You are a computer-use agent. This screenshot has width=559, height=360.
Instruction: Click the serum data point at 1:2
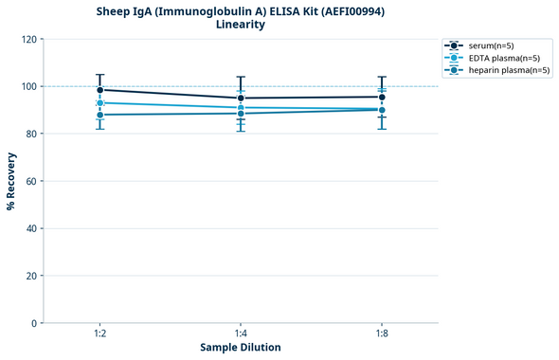[x=99, y=90]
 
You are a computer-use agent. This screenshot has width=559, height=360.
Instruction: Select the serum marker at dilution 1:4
[x=241, y=98]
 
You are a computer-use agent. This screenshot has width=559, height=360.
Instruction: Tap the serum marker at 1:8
[x=382, y=97]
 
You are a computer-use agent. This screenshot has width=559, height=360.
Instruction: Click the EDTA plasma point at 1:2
[x=99, y=102]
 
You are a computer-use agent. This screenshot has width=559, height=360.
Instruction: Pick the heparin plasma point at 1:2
[x=99, y=115]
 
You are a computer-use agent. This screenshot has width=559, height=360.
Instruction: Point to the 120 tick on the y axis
[x=30, y=39]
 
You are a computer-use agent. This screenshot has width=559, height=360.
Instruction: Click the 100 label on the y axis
[x=30, y=86]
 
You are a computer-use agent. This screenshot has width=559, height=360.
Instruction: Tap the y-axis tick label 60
[x=32, y=181]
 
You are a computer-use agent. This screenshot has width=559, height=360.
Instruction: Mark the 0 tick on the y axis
[x=35, y=323]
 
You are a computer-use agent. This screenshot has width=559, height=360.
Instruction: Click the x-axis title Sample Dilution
[x=241, y=348]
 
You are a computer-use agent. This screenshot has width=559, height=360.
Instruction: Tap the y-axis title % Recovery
[x=11, y=180]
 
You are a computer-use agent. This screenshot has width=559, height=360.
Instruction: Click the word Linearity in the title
[x=241, y=25]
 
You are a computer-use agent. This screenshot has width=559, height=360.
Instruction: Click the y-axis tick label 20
[x=32, y=276]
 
